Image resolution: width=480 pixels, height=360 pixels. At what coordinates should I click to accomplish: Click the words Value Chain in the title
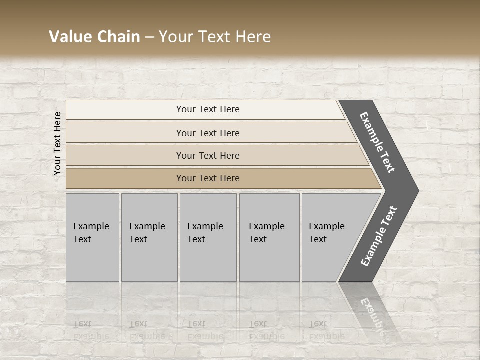(x=94, y=37)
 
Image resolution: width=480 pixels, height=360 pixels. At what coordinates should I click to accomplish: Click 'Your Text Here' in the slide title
(x=215, y=37)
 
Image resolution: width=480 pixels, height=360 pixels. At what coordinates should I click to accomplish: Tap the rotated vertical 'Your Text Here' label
(x=57, y=143)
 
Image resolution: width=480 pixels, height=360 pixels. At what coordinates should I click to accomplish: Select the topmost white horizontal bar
(x=125, y=110)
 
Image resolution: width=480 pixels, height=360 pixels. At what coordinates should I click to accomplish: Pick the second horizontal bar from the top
(x=125, y=133)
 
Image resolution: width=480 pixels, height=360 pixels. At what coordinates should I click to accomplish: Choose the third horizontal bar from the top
(x=125, y=155)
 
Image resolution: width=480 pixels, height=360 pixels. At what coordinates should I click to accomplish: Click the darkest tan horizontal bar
(x=125, y=178)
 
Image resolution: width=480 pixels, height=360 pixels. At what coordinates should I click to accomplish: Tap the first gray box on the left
(x=92, y=260)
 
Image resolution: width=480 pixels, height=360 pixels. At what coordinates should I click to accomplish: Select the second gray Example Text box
(x=149, y=260)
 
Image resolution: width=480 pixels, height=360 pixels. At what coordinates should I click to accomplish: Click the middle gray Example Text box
(x=208, y=260)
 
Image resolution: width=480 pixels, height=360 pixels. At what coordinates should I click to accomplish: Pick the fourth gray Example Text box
(x=269, y=260)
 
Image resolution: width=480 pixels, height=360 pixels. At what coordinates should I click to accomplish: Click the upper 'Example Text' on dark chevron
(x=377, y=142)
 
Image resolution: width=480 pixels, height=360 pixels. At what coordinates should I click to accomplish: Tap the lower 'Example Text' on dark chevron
(x=379, y=236)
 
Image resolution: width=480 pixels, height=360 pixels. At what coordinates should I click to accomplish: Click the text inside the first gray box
(x=91, y=233)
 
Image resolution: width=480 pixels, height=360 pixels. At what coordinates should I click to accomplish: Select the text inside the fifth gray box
(x=326, y=233)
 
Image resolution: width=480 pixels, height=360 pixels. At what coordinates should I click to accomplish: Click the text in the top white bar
(x=208, y=109)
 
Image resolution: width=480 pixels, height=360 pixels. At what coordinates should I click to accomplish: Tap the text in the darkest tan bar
(x=208, y=178)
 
